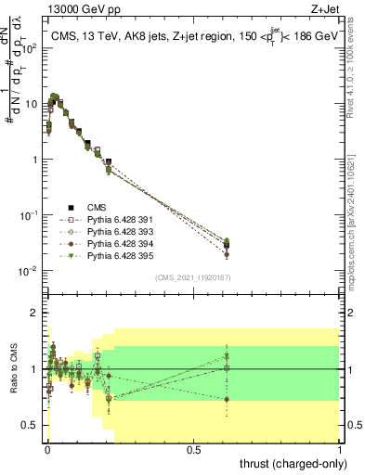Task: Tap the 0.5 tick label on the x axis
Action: pyautogui.click(x=193, y=448)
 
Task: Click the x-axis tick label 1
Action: pyautogui.click(x=341, y=448)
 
